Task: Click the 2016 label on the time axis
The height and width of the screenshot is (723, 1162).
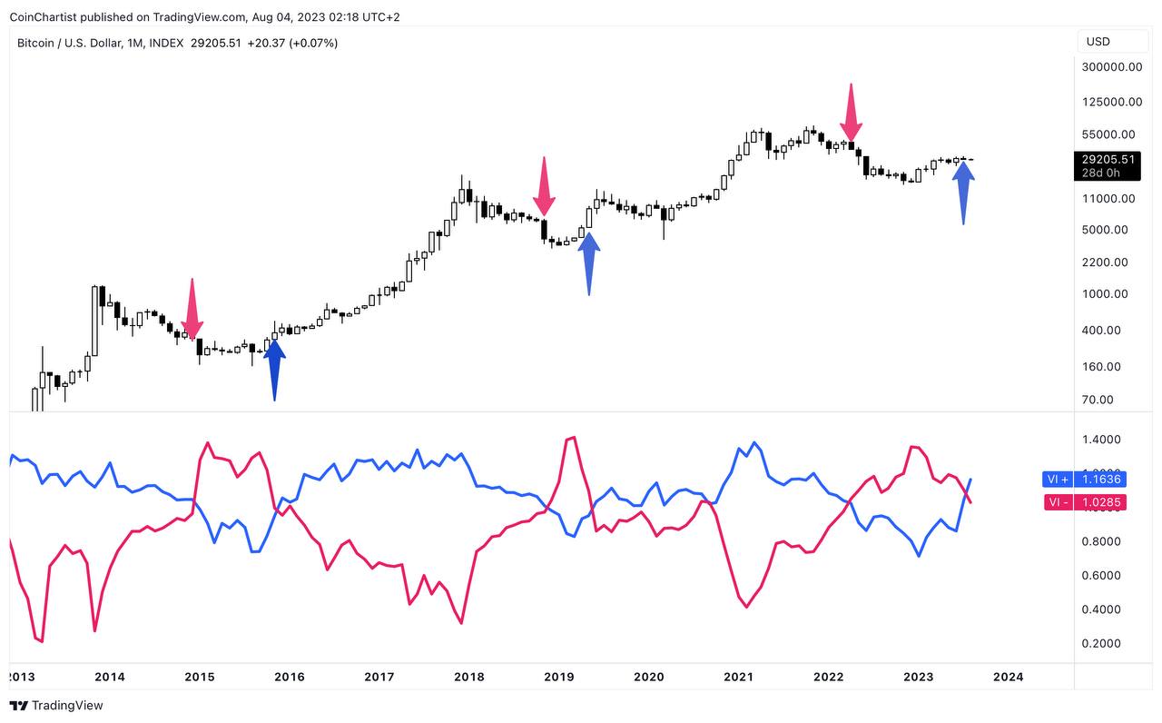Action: pos(289,677)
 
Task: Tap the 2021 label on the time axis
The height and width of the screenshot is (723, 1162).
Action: pos(738,677)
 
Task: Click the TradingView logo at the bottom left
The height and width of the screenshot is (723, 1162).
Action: pos(56,706)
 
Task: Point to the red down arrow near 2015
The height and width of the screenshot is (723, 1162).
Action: pos(192,309)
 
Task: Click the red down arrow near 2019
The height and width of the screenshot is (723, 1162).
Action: pos(544,186)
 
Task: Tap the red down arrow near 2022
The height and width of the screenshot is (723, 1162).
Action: pos(851,112)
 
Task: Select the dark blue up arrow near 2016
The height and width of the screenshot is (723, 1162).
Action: pos(273,368)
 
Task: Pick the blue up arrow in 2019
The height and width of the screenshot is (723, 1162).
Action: pos(589,263)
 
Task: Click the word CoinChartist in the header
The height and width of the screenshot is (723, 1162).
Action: pos(43,17)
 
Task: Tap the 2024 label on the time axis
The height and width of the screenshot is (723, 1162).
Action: pos(1008,677)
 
